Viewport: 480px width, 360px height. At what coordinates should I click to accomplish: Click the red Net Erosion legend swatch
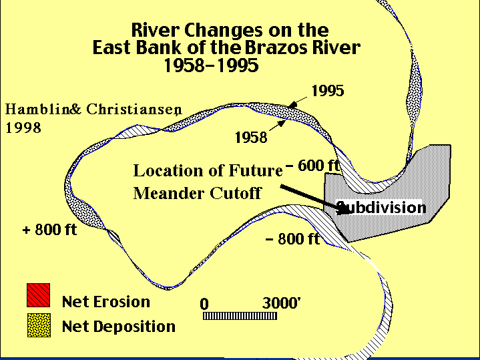click(38, 295)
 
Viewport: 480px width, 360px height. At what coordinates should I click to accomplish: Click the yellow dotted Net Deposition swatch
click(39, 325)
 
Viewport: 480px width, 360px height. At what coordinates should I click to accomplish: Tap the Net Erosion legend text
click(106, 302)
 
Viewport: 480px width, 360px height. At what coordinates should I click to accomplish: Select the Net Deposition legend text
click(118, 327)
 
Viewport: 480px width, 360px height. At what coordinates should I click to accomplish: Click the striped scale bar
click(240, 316)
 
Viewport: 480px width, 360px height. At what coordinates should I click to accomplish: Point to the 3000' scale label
click(282, 303)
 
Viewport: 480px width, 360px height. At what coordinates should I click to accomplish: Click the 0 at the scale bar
click(204, 304)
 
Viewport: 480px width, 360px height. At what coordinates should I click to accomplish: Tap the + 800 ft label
click(50, 230)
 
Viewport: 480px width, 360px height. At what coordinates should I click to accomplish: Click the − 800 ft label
click(292, 238)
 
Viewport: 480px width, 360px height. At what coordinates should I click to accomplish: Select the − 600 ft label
click(312, 166)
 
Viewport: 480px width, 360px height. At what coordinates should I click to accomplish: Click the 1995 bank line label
click(328, 91)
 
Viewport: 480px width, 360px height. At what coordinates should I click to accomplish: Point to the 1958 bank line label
click(251, 138)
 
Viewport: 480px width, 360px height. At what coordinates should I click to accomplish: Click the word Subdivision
click(381, 208)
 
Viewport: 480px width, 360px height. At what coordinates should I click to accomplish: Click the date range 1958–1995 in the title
click(211, 65)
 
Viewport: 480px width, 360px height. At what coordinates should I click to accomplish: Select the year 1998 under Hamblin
click(23, 128)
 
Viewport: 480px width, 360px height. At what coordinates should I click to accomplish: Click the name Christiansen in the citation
click(134, 110)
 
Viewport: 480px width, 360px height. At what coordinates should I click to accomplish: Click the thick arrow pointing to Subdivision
click(315, 199)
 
